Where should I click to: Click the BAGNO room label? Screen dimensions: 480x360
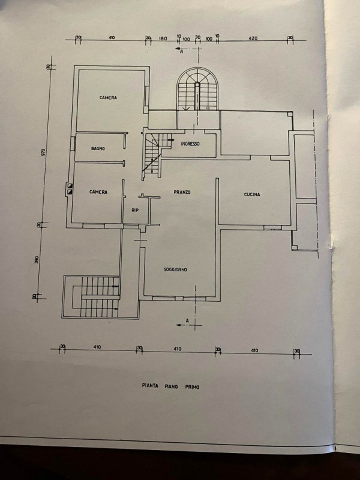tap(98, 148)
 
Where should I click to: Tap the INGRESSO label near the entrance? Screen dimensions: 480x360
tap(190, 144)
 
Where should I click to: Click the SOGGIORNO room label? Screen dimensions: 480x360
tap(175, 270)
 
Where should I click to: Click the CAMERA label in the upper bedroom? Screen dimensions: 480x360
tap(108, 98)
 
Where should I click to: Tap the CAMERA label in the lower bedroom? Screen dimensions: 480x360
tap(98, 192)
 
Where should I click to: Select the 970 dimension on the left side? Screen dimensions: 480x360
tap(43, 152)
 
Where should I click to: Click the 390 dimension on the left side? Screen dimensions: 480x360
tap(37, 260)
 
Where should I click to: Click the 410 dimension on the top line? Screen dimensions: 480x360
tap(112, 38)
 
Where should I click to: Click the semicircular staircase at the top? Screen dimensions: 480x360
tap(197, 90)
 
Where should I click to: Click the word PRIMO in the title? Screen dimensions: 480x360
tap(191, 387)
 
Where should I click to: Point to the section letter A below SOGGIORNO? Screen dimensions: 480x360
tap(187, 321)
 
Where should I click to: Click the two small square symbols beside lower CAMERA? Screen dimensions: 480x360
tap(70, 190)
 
